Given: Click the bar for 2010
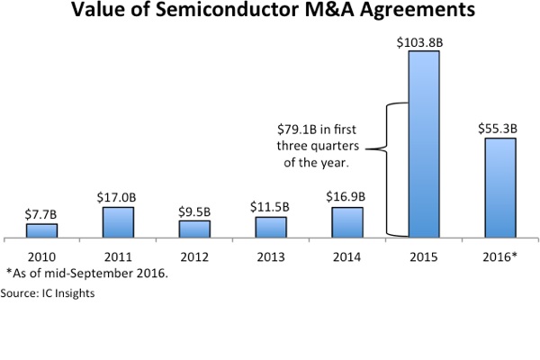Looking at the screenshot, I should (x=41, y=231).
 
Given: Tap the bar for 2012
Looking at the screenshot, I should (x=194, y=230).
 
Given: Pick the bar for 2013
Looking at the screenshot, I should (x=271, y=229).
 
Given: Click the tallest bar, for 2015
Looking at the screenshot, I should (x=424, y=145).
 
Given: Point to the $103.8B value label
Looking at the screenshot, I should (x=424, y=41).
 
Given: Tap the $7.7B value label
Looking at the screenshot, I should (x=41, y=213).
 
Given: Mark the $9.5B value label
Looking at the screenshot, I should (x=194, y=211).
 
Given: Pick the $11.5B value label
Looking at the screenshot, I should (x=271, y=207).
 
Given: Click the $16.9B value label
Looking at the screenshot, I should (x=347, y=197).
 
